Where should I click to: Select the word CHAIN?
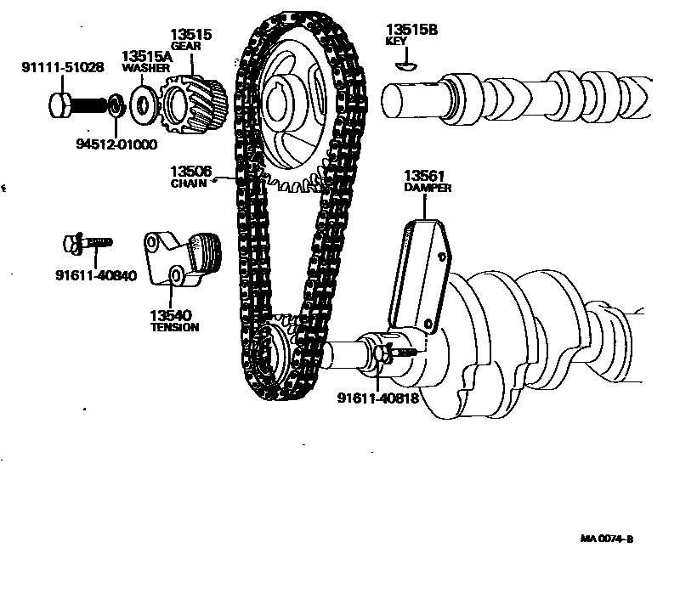point(188,183)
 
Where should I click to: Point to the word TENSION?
point(174,327)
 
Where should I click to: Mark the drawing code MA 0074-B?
point(608,539)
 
